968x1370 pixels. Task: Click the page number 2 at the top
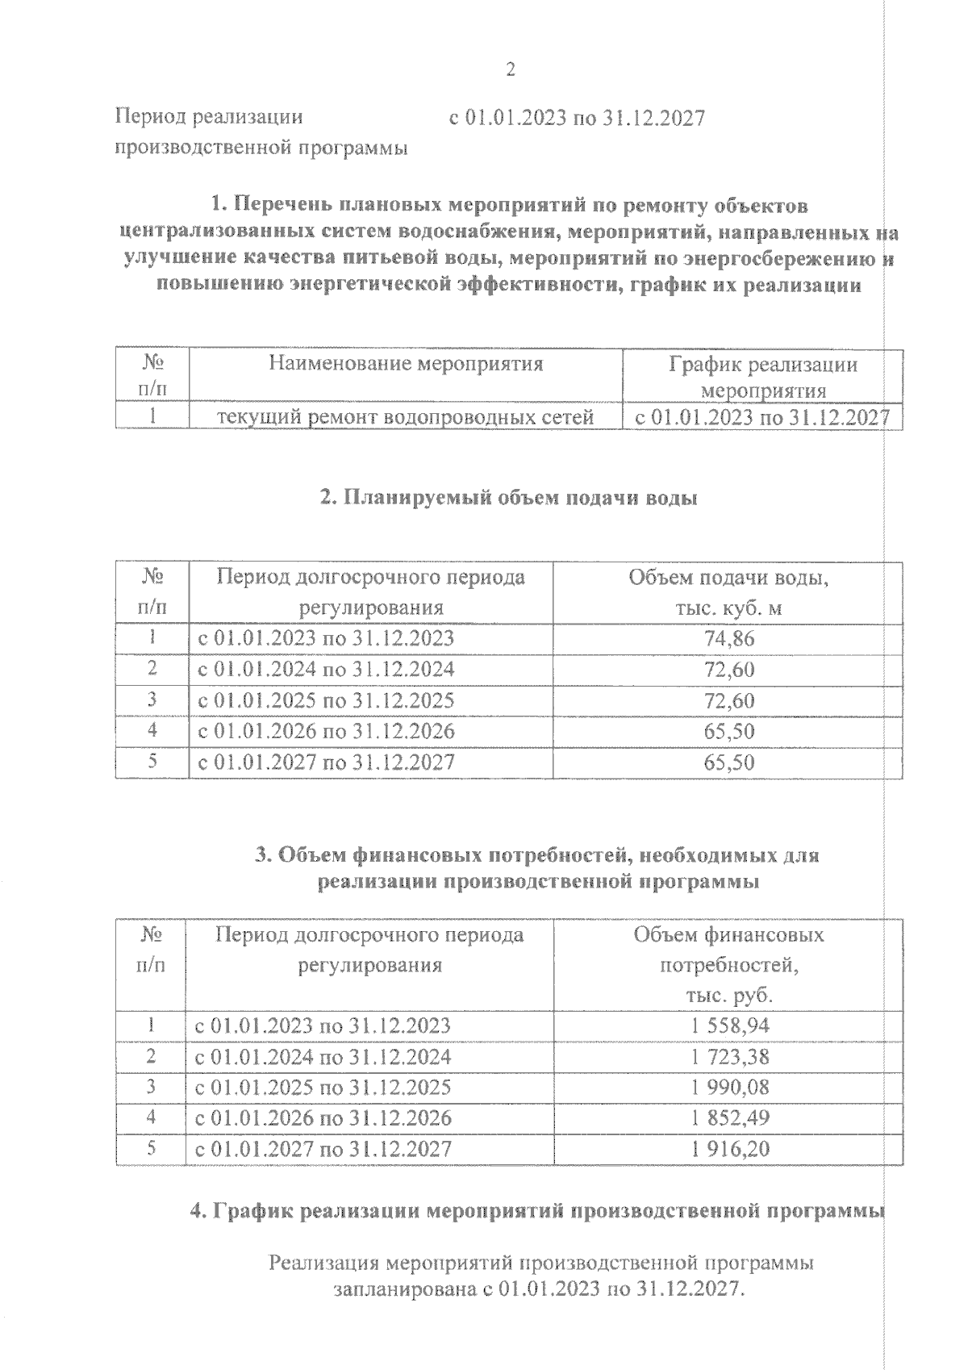click(510, 70)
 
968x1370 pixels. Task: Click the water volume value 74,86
click(729, 639)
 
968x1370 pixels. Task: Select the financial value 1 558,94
click(729, 1025)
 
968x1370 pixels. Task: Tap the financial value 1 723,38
click(729, 1057)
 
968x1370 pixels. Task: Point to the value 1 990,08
click(729, 1088)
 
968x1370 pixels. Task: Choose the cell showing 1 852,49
click(729, 1118)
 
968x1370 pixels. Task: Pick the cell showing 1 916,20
click(729, 1149)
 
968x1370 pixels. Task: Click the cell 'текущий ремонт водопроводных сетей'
click(407, 417)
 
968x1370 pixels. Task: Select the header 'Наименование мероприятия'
click(406, 364)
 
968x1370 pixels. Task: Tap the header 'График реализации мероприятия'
click(763, 378)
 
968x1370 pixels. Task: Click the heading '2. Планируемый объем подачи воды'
click(508, 498)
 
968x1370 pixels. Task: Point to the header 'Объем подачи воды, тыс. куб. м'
click(728, 593)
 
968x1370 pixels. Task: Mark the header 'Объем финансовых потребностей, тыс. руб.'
click(728, 964)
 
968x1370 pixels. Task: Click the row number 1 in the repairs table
click(152, 417)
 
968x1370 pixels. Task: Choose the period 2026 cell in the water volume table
click(326, 732)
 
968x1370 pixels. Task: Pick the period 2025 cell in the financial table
click(323, 1088)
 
